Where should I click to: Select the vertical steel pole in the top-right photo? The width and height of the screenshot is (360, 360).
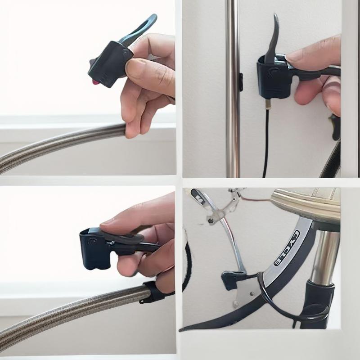pyautogui.click(x=232, y=89)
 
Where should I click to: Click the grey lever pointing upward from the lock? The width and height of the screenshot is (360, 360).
pyautogui.click(x=273, y=39)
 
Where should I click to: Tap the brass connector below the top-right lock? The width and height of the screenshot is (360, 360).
pyautogui.click(x=268, y=104)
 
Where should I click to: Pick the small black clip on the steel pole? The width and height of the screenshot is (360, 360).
pyautogui.click(x=241, y=82)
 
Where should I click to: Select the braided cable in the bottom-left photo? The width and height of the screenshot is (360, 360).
pyautogui.click(x=71, y=317)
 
